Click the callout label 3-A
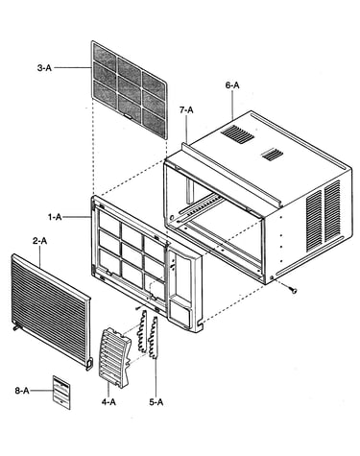pos(44,68)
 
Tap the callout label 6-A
pos(232,85)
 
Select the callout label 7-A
pos(186,110)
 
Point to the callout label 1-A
pos(55,217)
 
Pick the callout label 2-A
pos(39,241)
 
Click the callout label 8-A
pos(22,391)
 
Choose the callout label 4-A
pos(108,402)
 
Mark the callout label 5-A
pos(156,402)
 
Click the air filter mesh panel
pos(130,89)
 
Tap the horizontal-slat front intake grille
pos(51,311)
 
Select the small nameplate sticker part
pos(61,393)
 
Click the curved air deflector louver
pos(115,358)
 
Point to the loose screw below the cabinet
pos(293,290)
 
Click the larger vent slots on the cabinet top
pos(237,134)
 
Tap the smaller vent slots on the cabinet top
pos(273,155)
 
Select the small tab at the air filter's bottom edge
pos(128,116)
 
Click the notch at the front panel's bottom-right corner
pos(201,325)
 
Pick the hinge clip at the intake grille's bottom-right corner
pos(89,364)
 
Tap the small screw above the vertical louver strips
pos(138,307)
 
